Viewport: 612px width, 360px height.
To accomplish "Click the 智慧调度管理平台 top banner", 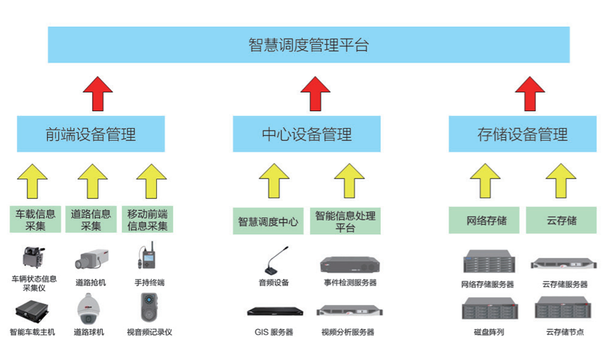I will point(308,45).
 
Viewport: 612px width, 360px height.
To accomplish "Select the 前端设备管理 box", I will point(91,134).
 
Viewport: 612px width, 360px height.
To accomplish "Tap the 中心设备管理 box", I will point(307,134).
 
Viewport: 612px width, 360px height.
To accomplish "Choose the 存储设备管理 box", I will point(522,134).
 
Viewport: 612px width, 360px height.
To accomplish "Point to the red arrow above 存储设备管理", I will point(530,93).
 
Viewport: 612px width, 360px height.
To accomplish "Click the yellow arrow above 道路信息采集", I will point(92,181).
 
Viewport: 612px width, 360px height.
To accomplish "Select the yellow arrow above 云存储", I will point(561,181).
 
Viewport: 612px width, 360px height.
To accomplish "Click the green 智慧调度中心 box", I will point(268,221).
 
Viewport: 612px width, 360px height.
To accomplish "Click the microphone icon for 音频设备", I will point(274,261).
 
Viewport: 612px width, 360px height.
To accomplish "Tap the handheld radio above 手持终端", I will point(148,258).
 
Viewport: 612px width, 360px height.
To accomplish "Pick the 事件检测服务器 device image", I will point(350,265).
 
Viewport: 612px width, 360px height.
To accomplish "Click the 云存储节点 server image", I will point(561,309).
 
